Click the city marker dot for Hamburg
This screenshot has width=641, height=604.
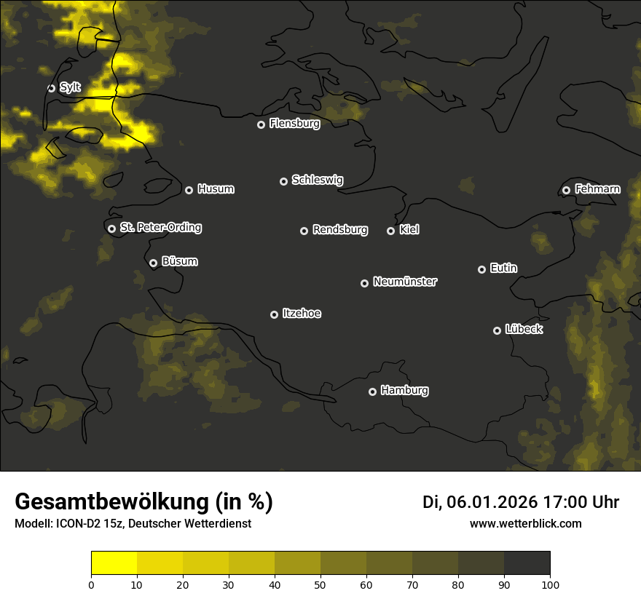(x=372, y=392)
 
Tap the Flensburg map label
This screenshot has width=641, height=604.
(x=294, y=124)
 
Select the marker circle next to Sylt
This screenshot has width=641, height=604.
(x=52, y=88)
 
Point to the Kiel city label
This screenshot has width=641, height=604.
(x=409, y=230)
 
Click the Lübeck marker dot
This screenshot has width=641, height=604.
(x=498, y=330)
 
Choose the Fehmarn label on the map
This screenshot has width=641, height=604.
(x=597, y=189)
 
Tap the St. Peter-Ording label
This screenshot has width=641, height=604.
(x=160, y=228)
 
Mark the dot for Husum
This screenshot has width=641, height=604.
(x=189, y=190)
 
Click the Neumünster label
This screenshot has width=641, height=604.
(x=405, y=282)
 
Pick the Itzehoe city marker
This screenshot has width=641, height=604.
(x=275, y=314)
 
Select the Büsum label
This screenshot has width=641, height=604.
(x=179, y=262)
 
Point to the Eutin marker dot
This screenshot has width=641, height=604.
(x=481, y=269)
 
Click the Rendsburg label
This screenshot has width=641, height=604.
(x=340, y=230)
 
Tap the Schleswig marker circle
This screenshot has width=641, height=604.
(x=284, y=181)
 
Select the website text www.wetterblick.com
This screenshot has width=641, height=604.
(x=526, y=524)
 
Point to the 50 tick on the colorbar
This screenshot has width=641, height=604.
(x=320, y=584)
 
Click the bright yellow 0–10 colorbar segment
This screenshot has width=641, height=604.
(x=114, y=563)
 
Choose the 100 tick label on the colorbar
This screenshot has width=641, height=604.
(x=550, y=584)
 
